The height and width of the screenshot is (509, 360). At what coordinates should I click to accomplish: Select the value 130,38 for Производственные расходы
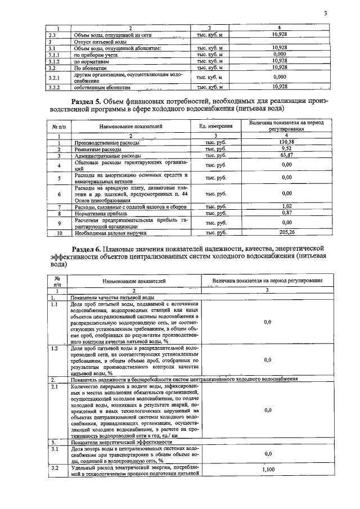tap(287, 142)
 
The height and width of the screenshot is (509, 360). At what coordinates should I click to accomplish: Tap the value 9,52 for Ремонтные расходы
tap(287, 148)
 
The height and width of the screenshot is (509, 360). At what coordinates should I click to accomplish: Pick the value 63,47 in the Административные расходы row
tap(287, 155)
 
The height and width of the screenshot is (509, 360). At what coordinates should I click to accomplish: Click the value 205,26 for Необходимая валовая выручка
tap(287, 232)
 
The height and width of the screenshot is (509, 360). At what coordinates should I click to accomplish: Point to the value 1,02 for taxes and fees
tap(287, 206)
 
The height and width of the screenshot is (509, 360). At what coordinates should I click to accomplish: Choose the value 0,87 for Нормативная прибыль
tap(287, 213)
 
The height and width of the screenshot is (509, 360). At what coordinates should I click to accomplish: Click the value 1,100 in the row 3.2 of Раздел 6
tap(267, 469)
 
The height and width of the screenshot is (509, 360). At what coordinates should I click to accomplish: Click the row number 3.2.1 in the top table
tap(54, 77)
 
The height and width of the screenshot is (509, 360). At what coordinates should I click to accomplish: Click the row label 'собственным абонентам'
tap(102, 87)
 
